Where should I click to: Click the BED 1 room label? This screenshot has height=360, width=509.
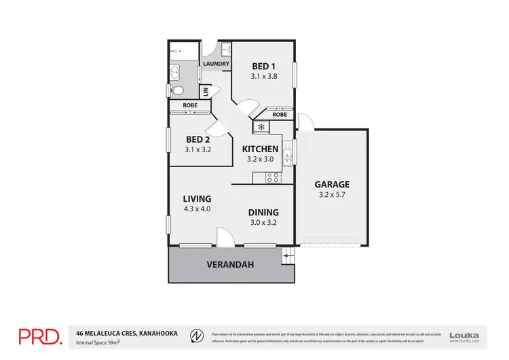pos(263,66)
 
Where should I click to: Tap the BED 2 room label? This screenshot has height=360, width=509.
pos(198,139)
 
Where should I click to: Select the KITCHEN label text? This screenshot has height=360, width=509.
pos(260,149)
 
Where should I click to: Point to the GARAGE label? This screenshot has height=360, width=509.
pos(331,184)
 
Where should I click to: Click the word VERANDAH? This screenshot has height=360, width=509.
pos(226,265)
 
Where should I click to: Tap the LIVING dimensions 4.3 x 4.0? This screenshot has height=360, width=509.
pos(197,209)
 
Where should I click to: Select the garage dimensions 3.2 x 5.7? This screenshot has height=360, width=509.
pos(331,196)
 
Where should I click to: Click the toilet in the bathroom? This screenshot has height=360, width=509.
pos(177,91)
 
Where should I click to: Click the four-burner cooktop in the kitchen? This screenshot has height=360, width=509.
pos(273,178)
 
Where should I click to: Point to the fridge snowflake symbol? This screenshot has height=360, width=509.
pos(261,126)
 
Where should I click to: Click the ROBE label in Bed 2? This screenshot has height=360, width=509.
pos(189,105)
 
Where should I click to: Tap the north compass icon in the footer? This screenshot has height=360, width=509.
pos(195,335)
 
